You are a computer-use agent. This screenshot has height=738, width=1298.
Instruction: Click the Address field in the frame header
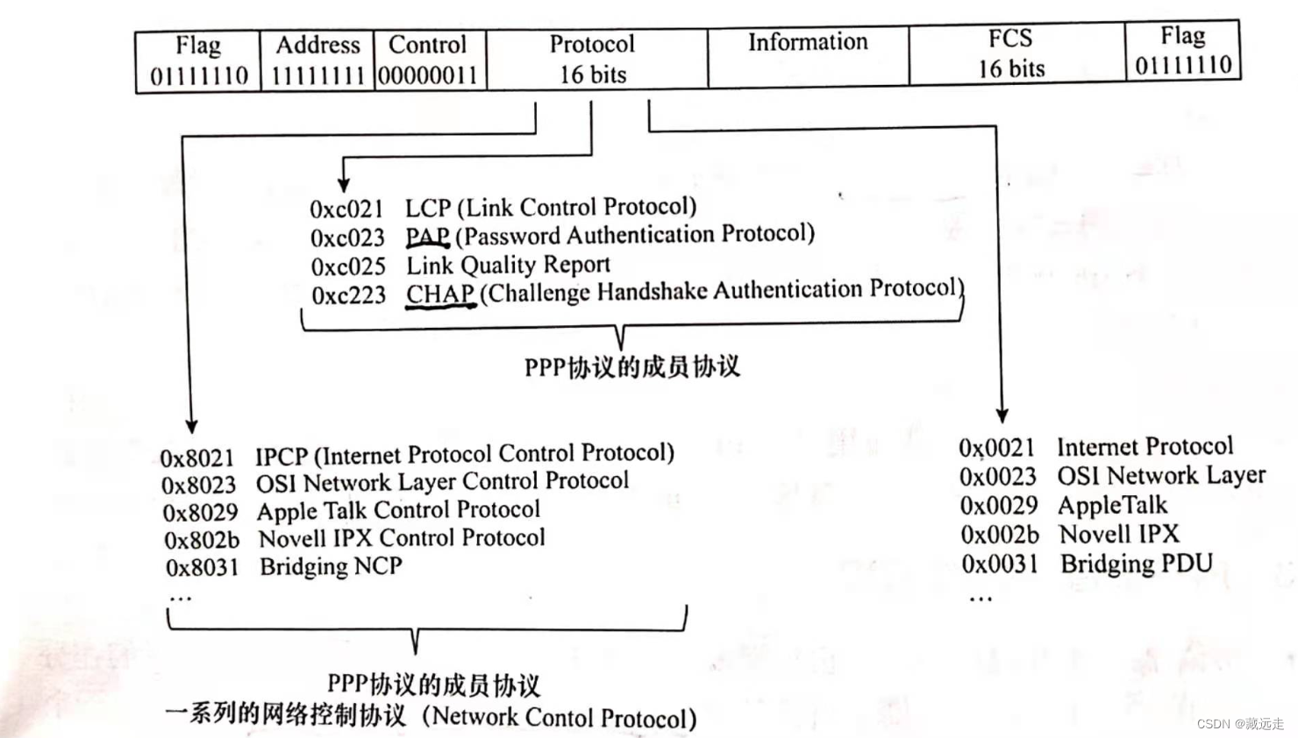(x=317, y=60)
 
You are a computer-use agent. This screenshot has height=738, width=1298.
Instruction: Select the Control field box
(x=429, y=60)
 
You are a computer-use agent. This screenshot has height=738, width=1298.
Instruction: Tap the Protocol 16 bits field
(x=594, y=59)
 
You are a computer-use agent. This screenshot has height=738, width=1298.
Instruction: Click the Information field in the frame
(x=808, y=57)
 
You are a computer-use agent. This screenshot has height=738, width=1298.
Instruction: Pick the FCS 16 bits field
(x=1012, y=53)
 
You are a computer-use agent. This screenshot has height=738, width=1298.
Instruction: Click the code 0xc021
(x=346, y=209)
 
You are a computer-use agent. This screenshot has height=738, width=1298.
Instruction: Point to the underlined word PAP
(x=427, y=238)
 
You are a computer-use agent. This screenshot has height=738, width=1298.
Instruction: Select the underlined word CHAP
(x=440, y=294)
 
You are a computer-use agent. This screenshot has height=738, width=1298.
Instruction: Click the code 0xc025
(x=348, y=266)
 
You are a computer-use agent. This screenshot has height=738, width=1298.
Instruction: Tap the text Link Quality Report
(x=508, y=265)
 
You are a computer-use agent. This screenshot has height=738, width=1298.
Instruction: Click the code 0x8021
(x=197, y=458)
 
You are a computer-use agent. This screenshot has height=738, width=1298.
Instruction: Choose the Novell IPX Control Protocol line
(x=402, y=538)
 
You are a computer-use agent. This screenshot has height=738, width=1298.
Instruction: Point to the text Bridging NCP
(x=331, y=566)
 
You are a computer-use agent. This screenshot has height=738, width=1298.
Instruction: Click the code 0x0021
(x=996, y=449)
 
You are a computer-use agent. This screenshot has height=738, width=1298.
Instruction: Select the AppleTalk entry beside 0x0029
(x=1112, y=506)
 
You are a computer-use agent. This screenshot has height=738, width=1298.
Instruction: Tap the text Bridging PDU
(x=1137, y=563)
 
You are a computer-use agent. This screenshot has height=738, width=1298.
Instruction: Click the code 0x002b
(x=999, y=535)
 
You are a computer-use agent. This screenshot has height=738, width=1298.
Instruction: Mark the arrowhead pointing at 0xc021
(x=344, y=184)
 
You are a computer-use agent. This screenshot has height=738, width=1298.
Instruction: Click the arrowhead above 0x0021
(x=1002, y=415)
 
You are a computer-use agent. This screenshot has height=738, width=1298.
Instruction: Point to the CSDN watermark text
(x=1239, y=724)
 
